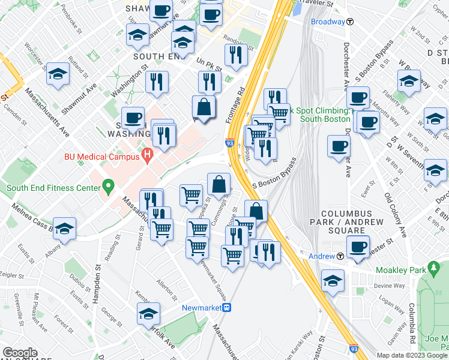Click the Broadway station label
click(x=328, y=22)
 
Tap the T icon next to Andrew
click(x=340, y=256)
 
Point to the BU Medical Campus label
click(x=103, y=157)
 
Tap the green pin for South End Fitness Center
click(x=108, y=187)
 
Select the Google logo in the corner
click(x=20, y=352)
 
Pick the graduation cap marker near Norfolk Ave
click(x=149, y=313)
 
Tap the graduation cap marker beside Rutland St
click(x=58, y=74)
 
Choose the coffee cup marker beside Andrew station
click(x=359, y=247)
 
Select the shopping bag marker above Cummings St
click(x=219, y=183)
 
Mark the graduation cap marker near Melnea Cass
click(x=64, y=228)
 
